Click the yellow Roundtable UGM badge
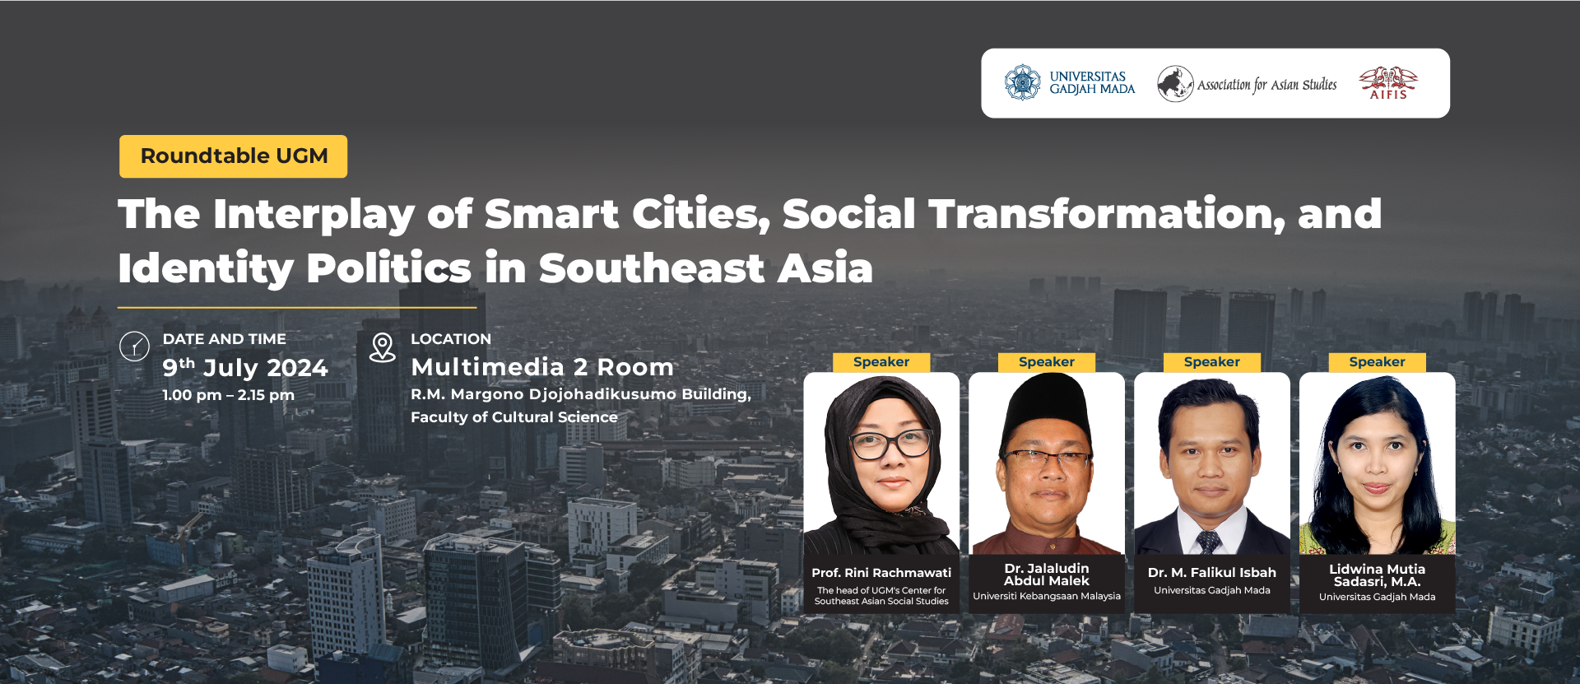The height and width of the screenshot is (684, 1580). (x=234, y=156)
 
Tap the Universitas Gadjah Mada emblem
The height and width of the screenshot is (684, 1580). (x=1022, y=82)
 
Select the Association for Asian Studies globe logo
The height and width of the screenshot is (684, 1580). (x=1175, y=83)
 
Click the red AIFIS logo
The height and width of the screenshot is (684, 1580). (x=1388, y=82)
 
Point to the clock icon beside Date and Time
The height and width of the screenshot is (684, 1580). (x=134, y=347)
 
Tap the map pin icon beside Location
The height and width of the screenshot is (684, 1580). (x=383, y=347)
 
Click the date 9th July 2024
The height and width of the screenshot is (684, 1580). (x=245, y=367)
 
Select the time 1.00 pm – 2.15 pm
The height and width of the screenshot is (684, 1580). (x=228, y=395)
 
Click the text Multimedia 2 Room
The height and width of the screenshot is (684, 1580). (x=542, y=367)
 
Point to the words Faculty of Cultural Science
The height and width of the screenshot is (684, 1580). (x=514, y=417)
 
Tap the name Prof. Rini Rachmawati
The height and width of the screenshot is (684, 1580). (x=881, y=573)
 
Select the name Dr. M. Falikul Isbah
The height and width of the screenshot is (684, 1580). (x=1212, y=573)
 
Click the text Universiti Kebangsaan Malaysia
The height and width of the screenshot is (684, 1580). (x=1047, y=596)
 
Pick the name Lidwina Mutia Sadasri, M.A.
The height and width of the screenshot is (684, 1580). (x=1378, y=575)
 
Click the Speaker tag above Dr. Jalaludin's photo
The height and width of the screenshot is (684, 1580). (x=1047, y=362)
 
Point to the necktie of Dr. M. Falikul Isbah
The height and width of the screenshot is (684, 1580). (x=1208, y=542)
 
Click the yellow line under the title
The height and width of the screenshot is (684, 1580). (x=297, y=308)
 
